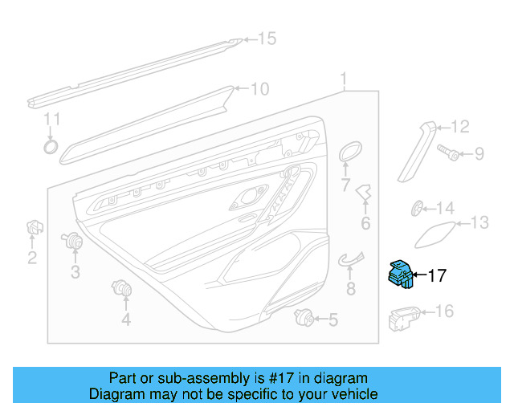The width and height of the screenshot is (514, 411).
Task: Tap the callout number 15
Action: (265, 39)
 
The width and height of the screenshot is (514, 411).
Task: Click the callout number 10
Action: (259, 89)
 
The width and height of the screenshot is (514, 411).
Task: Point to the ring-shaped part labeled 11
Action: (50, 146)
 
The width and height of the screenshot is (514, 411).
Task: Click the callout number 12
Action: (459, 126)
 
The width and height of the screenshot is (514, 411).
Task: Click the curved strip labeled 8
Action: (350, 258)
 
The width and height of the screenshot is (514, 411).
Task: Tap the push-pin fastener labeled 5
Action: (304, 316)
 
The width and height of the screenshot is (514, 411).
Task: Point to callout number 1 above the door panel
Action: (344, 79)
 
